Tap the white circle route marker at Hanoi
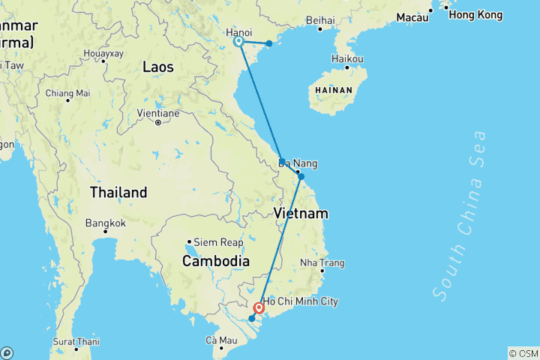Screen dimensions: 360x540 [x=238, y=42]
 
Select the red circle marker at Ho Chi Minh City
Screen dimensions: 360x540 [x=259, y=307]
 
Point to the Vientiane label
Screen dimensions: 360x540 [x=158, y=113]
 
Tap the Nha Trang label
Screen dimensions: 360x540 [x=322, y=262]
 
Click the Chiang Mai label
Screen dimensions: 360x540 [x=67, y=93]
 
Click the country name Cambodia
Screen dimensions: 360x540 [x=216, y=261]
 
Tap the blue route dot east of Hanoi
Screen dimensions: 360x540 [x=269, y=43]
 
